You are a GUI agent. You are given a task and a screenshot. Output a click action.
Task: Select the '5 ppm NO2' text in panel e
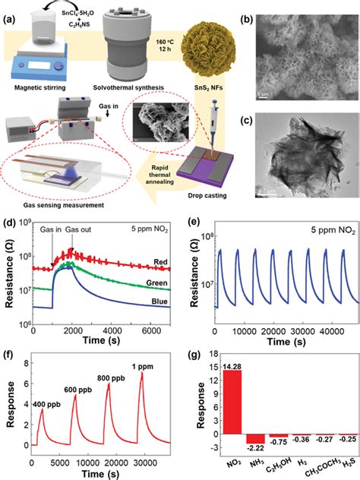point(314,226)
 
